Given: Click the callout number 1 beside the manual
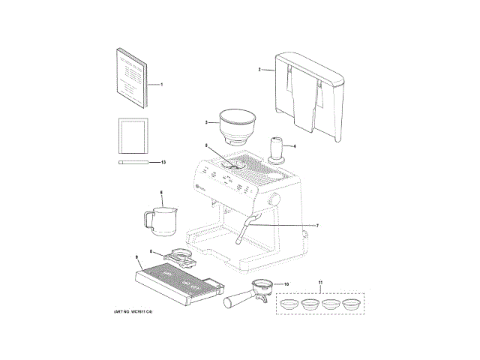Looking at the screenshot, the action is [162, 85].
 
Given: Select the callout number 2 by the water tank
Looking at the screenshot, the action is [259, 70].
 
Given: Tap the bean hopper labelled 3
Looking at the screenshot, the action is [237, 125].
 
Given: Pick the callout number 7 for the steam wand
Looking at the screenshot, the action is [317, 226].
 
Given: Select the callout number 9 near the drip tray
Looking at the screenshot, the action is [137, 257].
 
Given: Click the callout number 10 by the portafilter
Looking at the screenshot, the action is [286, 284].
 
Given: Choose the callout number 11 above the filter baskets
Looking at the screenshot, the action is [320, 283].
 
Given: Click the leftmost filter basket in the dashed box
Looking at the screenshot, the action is [289, 304].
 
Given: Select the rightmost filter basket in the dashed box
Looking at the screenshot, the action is [350, 304].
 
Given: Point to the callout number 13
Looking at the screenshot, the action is [163, 162].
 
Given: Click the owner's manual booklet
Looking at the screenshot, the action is [133, 78].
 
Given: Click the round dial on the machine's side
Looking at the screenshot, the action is [273, 202].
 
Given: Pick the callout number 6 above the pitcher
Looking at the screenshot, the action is [160, 193].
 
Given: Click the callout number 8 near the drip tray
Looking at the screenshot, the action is [151, 251].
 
